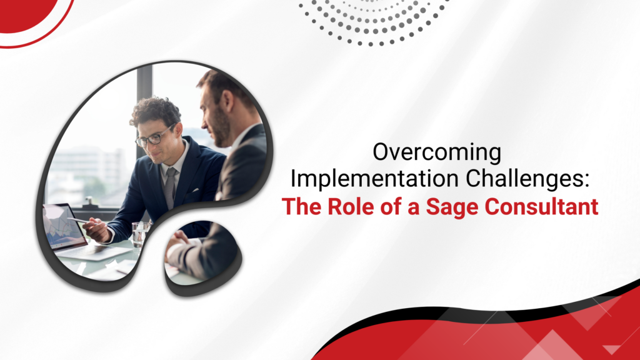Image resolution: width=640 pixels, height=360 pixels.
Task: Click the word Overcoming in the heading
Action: [x=437, y=152]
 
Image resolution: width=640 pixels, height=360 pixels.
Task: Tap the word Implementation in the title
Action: [x=374, y=179]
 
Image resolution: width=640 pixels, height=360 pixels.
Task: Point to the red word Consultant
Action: [x=542, y=206]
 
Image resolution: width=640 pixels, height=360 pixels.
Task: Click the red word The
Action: [x=302, y=206]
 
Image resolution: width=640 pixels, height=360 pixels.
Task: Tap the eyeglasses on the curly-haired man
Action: [x=154, y=137]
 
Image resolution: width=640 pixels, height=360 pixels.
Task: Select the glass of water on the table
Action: [x=141, y=234]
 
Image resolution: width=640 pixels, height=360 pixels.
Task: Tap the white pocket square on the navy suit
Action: [x=195, y=190]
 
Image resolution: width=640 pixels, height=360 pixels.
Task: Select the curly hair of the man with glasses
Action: [x=155, y=110]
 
